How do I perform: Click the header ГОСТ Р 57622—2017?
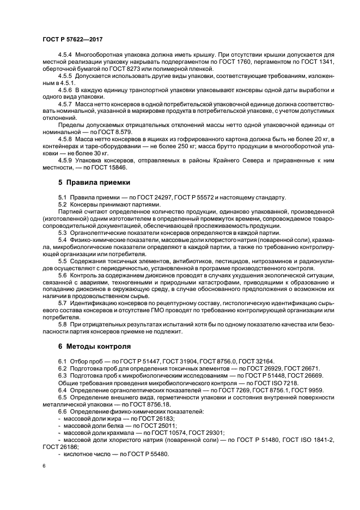tap(72, 40)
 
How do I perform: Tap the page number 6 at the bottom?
tap(44, 466)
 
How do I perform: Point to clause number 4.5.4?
tap(66, 55)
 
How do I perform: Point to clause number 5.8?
tap(62, 324)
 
